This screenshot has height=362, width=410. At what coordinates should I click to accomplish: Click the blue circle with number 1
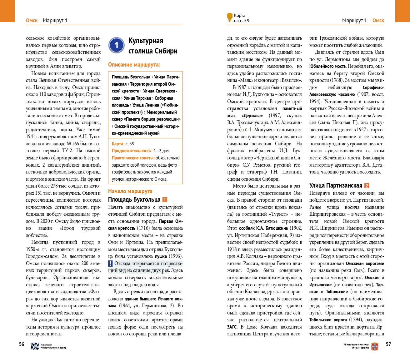(x=117, y=45)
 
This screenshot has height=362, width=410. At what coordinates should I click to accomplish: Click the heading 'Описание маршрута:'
(x=134, y=65)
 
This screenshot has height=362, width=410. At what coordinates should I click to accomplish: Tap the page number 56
(x=22, y=344)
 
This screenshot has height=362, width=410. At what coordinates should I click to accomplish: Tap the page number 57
(x=388, y=344)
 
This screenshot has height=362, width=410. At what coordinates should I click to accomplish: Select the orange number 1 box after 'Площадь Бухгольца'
(x=165, y=200)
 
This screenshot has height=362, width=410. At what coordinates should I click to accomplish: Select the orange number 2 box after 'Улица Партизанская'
(x=367, y=186)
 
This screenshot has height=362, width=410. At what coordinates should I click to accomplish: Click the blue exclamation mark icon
(x=110, y=264)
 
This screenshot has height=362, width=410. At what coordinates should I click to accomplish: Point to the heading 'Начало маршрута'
(x=130, y=191)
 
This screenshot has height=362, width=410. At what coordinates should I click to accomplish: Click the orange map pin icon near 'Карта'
(x=230, y=17)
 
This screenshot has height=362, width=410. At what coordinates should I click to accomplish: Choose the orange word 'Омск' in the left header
(x=32, y=21)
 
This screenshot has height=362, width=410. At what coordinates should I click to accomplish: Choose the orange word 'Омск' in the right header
(x=378, y=21)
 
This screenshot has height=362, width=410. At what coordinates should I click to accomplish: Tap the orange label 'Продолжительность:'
(x=132, y=151)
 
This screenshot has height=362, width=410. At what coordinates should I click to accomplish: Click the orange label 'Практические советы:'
(x=133, y=158)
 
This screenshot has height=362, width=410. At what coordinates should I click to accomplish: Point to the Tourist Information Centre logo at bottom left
(x=35, y=346)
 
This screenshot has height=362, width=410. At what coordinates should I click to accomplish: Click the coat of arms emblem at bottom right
(x=375, y=346)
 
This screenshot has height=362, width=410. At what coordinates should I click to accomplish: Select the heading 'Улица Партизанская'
(x=336, y=186)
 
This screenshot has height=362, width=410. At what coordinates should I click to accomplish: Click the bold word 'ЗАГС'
(x=232, y=327)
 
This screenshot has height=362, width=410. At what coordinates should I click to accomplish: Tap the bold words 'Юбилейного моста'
(x=327, y=66)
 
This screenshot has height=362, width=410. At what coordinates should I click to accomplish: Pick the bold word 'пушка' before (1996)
(x=161, y=256)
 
